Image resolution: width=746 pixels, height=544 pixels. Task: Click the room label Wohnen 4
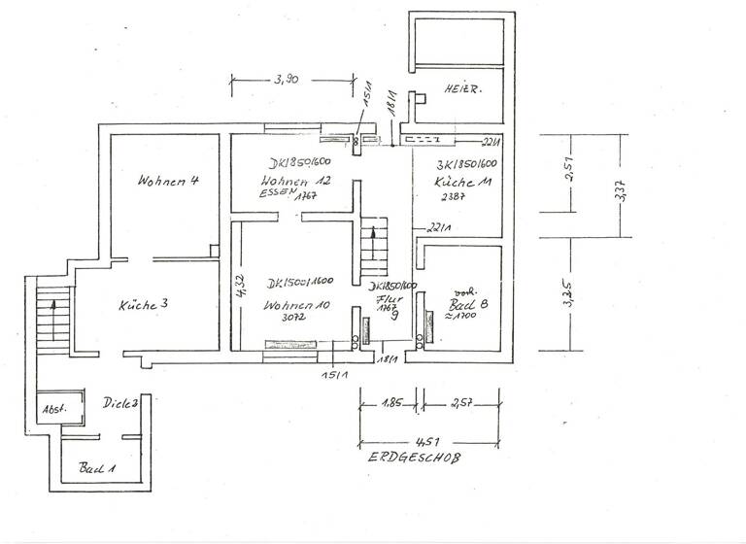(169, 181)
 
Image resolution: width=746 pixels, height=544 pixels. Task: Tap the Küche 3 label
(144, 304)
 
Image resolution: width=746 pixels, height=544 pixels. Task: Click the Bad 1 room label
(97, 468)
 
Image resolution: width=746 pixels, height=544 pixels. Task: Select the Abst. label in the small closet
(52, 410)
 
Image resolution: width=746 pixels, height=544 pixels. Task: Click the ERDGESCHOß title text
(413, 458)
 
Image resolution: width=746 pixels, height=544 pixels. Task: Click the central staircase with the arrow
(374, 248)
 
